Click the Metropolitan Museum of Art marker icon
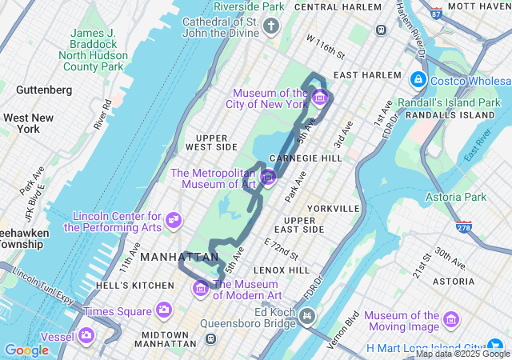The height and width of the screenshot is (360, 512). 268,177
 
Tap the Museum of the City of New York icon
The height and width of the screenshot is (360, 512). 319,98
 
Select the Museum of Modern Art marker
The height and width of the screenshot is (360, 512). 201,288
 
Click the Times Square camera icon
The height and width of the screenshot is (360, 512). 164,310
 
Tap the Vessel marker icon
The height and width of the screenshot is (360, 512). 86,335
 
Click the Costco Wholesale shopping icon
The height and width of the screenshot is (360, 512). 418,80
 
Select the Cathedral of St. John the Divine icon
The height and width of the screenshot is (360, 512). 271,28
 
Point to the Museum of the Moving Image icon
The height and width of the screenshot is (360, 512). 451,320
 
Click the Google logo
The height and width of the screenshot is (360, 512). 26,350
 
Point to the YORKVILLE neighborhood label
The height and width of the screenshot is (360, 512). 332,208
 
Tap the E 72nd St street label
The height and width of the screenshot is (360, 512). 281,249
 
